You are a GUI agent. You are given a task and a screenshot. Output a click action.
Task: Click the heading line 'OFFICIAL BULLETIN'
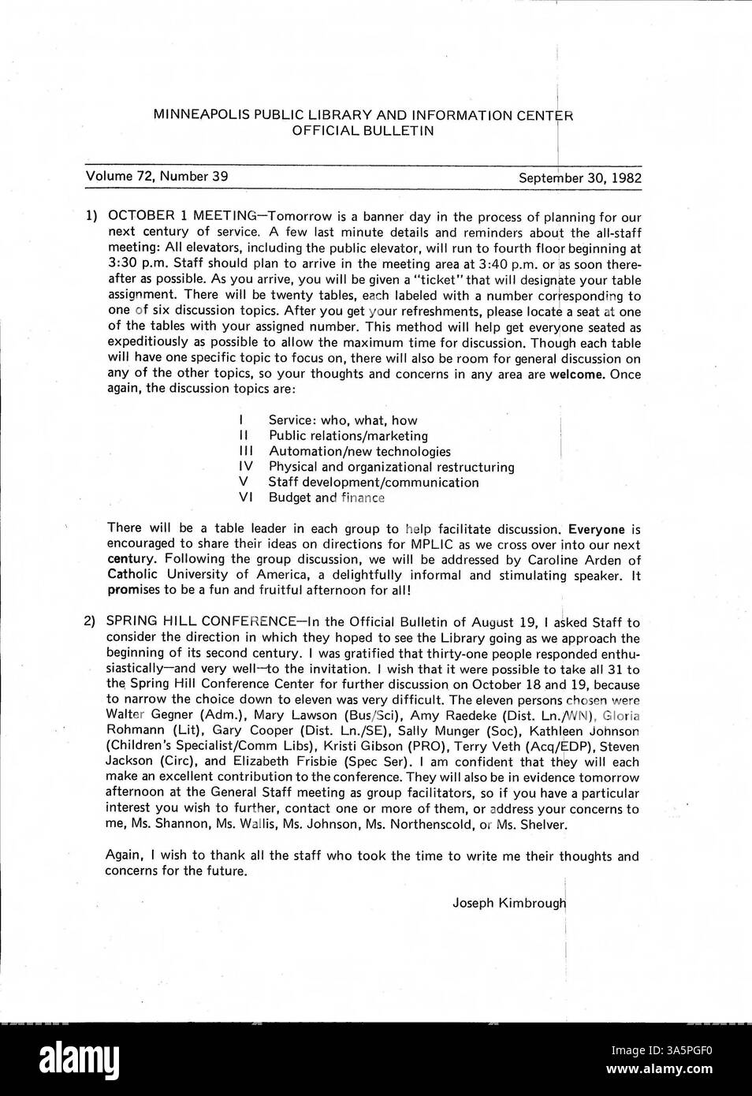[x=363, y=131]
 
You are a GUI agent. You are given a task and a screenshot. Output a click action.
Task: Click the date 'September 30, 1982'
[x=579, y=178]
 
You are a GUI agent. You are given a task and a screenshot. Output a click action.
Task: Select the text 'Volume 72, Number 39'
[x=157, y=177]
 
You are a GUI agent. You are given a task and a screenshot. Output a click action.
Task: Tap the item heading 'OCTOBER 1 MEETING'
[x=181, y=217]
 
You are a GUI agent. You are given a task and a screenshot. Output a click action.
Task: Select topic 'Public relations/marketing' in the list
[x=348, y=436]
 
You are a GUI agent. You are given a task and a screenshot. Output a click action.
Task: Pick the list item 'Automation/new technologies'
[x=359, y=452]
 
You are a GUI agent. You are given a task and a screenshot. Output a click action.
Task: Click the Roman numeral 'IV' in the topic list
[x=245, y=467]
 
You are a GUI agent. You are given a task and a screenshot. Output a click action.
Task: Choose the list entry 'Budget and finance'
[x=326, y=498]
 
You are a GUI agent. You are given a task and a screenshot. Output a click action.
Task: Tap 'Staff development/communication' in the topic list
[x=373, y=483]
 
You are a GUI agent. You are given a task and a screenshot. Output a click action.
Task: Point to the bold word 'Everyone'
[x=596, y=529]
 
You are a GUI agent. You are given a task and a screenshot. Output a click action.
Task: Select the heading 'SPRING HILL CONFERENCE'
[x=196, y=622]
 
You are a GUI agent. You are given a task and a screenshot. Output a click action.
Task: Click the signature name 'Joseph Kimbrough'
[x=508, y=903]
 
